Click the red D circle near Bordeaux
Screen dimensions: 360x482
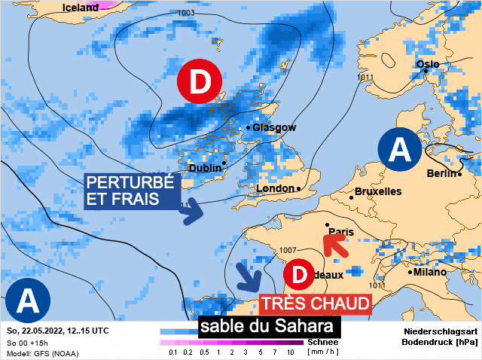click(300, 275)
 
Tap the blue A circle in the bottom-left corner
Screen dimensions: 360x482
click(28, 301)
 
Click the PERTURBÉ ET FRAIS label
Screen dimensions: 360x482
click(130, 191)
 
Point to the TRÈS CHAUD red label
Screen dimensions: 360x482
click(316, 304)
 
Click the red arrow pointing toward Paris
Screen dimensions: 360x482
click(334, 245)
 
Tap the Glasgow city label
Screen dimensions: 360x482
click(274, 128)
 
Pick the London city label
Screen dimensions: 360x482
click(275, 188)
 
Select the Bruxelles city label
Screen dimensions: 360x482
click(377, 192)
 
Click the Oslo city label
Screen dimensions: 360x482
click(427, 64)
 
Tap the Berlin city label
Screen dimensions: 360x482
click(442, 174)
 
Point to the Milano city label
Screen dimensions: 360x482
click(429, 272)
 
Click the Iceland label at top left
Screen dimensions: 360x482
click(80, 8)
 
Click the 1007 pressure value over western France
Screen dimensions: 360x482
click(288, 249)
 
